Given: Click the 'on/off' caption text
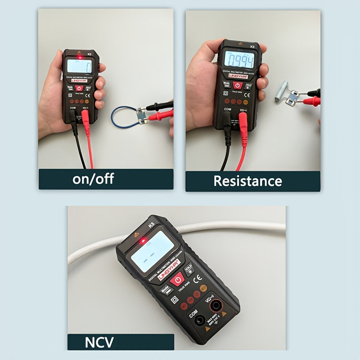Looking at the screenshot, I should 93,179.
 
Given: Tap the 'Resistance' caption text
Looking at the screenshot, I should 247,181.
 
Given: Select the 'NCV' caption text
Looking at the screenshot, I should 99,342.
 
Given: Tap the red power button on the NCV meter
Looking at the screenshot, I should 178,279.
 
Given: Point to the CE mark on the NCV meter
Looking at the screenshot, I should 197,279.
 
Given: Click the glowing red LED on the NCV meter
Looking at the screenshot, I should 143,241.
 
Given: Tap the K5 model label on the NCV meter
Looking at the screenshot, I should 152,224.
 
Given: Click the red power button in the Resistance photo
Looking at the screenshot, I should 238,85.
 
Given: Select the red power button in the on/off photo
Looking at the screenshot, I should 79,89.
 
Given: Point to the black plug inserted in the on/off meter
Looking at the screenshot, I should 73,118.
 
